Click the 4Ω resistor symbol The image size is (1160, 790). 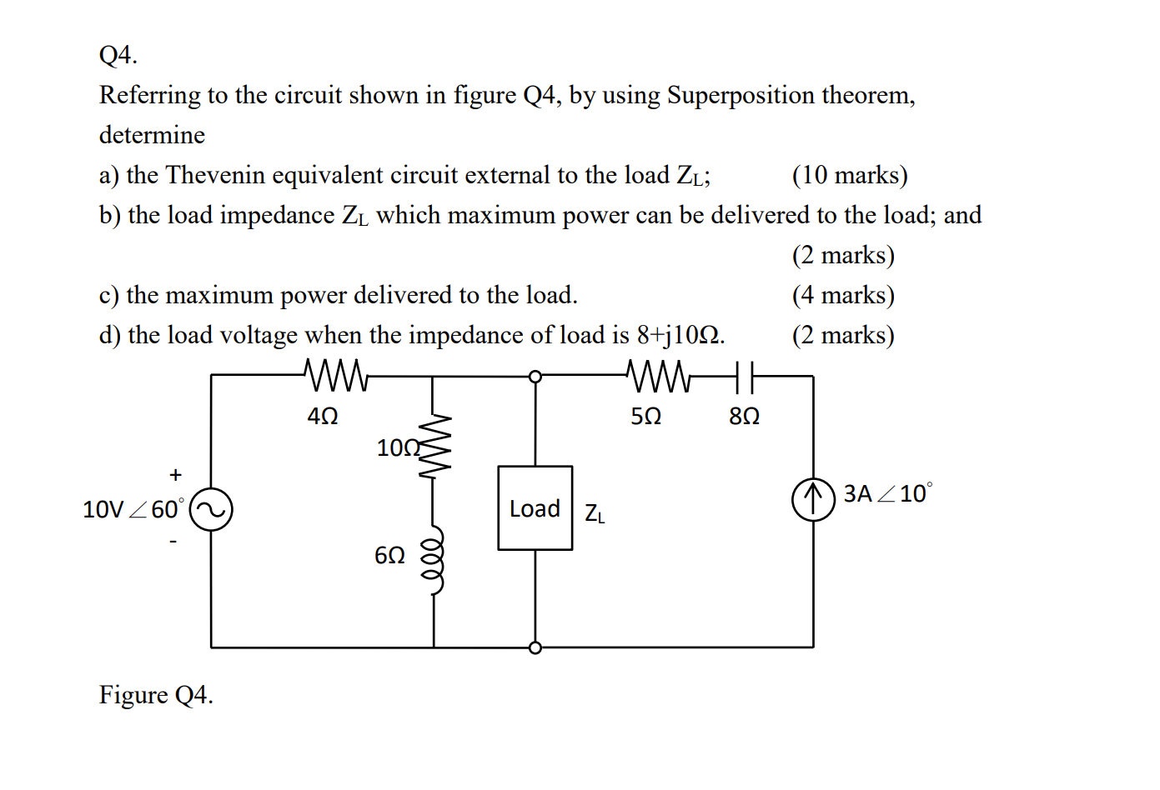pyautogui.click(x=336, y=376)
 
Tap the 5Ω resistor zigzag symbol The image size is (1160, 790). pyautogui.click(x=657, y=376)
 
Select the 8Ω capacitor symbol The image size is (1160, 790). pyautogui.click(x=746, y=377)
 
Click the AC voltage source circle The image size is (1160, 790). pyautogui.click(x=211, y=509)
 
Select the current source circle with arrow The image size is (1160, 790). pyautogui.click(x=813, y=499)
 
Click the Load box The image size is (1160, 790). pyautogui.click(x=535, y=508)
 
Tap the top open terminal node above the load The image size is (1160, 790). pyautogui.click(x=535, y=377)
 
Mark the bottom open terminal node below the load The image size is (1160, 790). pyautogui.click(x=535, y=647)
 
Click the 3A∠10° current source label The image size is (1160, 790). pyautogui.click(x=887, y=493)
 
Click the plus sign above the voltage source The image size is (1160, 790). pyautogui.click(x=175, y=475)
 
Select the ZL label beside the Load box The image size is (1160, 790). pyautogui.click(x=595, y=514)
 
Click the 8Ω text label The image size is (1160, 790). pyautogui.click(x=744, y=416)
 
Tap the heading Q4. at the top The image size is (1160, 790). pyautogui.click(x=118, y=55)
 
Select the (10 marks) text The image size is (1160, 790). pyautogui.click(x=849, y=175)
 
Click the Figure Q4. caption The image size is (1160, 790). pyautogui.click(x=156, y=694)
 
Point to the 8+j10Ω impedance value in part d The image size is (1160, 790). pyautogui.click(x=679, y=335)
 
